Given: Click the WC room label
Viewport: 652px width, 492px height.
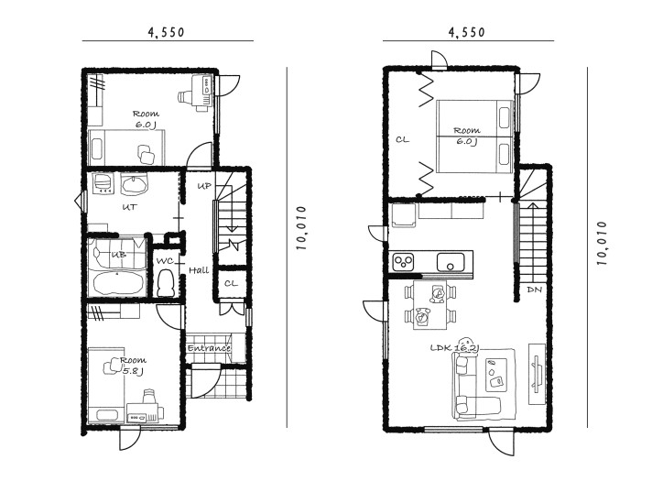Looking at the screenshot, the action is [x=165, y=261].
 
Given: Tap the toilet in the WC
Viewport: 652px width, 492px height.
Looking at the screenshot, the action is [x=166, y=283].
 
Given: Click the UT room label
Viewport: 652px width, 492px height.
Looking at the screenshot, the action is [x=130, y=207].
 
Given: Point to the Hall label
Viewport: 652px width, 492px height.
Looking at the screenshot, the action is [x=199, y=270].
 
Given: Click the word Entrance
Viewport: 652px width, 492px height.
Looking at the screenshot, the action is [x=209, y=348].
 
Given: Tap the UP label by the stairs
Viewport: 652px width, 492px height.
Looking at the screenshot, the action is [x=204, y=185].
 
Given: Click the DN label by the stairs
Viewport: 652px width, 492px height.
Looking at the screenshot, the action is [x=534, y=290].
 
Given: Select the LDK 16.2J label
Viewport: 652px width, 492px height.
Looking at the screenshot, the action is [x=454, y=347].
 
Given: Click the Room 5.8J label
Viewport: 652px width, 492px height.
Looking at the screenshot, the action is [x=133, y=366].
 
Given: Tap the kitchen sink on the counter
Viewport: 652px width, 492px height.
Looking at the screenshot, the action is [x=451, y=261].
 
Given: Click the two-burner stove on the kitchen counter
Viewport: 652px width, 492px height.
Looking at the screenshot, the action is [x=403, y=261].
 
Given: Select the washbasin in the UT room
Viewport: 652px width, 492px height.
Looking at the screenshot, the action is [x=134, y=184].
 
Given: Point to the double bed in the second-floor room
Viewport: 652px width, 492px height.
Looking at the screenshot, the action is [x=474, y=136].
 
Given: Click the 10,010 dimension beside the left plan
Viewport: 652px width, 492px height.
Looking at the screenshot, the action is [x=301, y=228].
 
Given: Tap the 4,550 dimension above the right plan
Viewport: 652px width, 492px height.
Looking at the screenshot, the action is [x=466, y=32].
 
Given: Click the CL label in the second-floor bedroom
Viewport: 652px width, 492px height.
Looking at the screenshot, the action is [x=402, y=140].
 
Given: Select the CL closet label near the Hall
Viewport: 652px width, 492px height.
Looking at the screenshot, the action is [x=231, y=284].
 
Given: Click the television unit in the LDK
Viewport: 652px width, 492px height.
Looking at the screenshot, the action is [x=537, y=374].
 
